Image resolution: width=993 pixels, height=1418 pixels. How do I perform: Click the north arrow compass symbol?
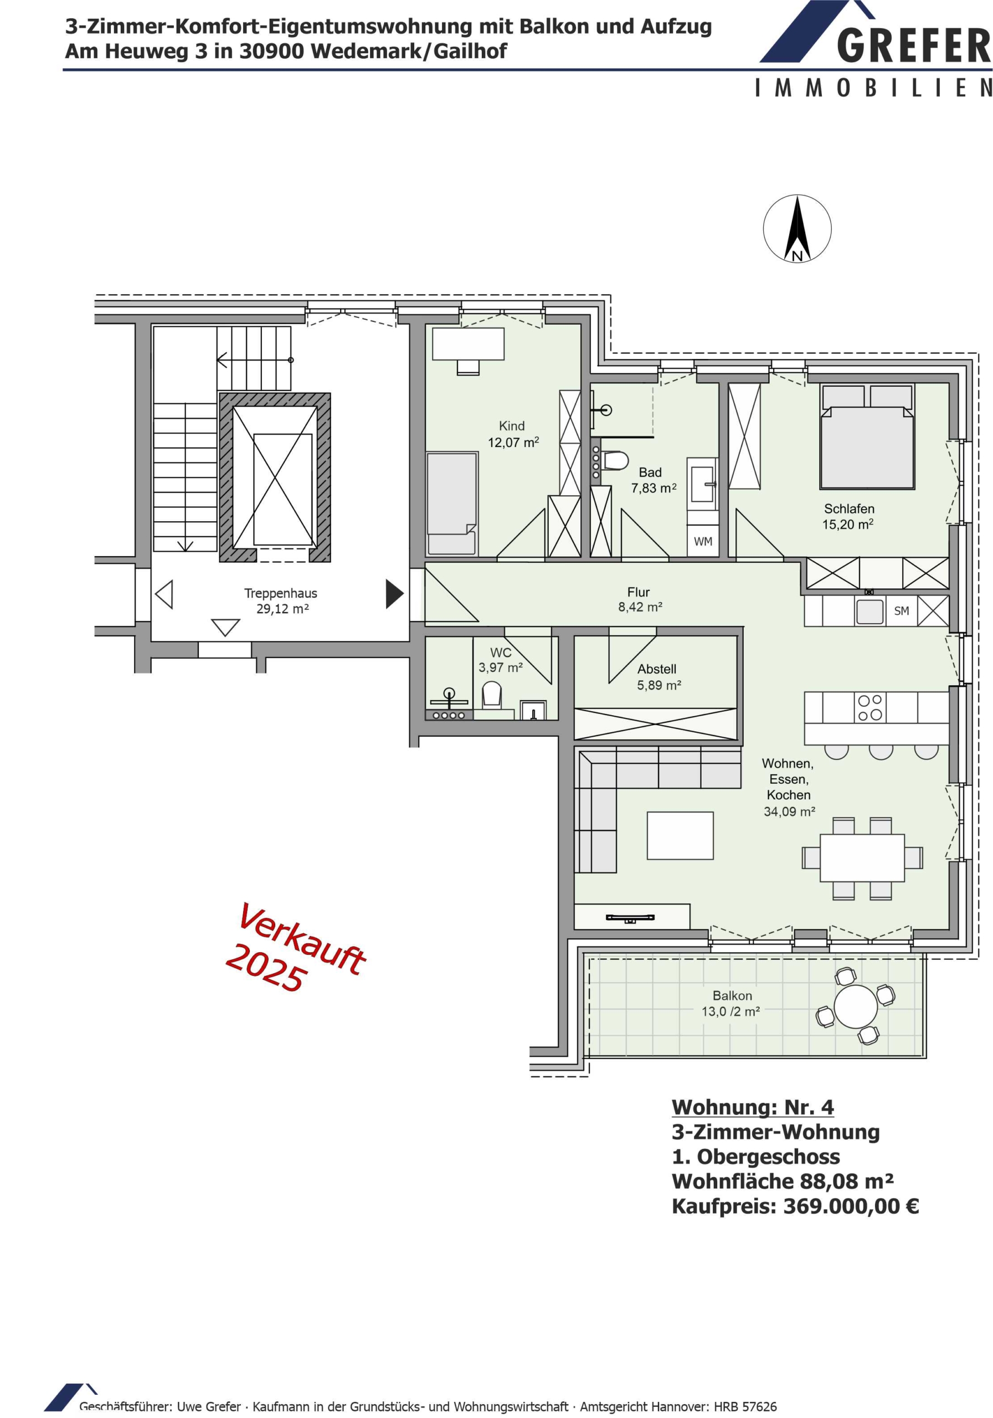coord(796,229)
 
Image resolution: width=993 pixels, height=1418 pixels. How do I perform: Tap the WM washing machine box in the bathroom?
coord(703,542)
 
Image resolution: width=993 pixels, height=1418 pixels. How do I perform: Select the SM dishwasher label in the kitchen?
coord(902,611)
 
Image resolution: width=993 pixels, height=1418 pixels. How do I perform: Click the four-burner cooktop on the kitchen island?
coord(869,708)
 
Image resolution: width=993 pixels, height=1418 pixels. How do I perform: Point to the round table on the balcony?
coord(856,1006)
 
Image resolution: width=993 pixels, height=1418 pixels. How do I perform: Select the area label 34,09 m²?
coord(789,811)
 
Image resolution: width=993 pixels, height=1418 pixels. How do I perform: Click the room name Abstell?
coord(657,669)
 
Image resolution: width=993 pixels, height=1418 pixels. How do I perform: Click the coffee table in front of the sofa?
coord(680,836)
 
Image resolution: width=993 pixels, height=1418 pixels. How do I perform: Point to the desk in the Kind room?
coord(468,344)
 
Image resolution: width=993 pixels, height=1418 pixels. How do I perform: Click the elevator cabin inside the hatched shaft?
coord(282,489)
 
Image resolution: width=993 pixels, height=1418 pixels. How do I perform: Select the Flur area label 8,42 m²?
coord(640,607)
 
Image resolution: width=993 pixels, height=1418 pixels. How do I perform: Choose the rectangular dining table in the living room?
coord(862,858)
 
